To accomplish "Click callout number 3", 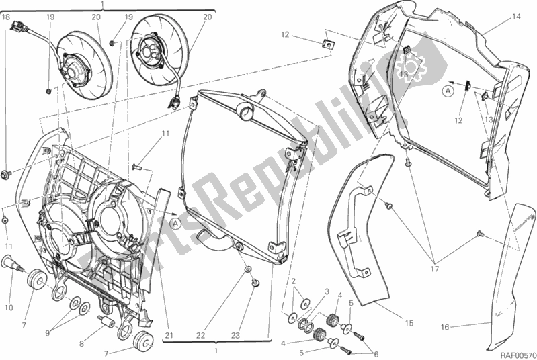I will pyautogui.click(x=326, y=292).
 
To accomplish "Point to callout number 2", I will pyautogui.click(x=294, y=280).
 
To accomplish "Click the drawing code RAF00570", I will pyautogui.click(x=515, y=350).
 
